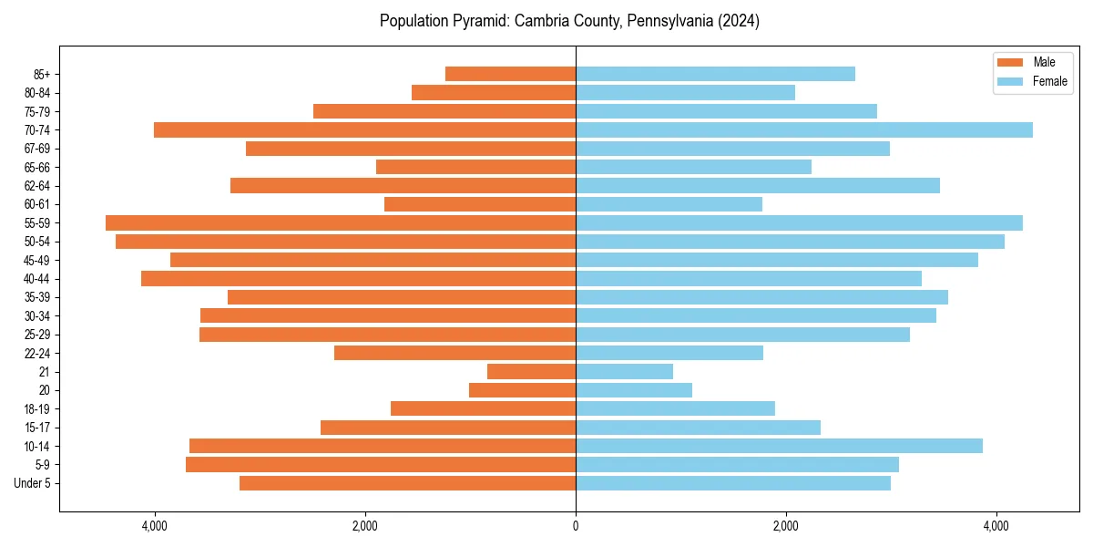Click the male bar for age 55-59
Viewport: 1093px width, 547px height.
[341, 222]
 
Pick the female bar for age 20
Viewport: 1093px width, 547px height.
[634, 390]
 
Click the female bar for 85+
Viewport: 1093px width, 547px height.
[715, 74]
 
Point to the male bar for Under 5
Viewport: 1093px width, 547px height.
[407, 483]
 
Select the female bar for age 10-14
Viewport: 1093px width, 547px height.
[779, 446]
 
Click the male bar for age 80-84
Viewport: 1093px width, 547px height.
[494, 92]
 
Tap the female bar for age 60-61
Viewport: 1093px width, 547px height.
[669, 204]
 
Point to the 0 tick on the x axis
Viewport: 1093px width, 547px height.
[576, 526]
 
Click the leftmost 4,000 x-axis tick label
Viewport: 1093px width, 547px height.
[155, 526]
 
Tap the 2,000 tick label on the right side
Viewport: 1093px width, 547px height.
[786, 526]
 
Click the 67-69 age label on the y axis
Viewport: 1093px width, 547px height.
[37, 149]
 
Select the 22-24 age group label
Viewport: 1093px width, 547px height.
[37, 353]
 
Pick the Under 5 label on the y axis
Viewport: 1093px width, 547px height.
[33, 483]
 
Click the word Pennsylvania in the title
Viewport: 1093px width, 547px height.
[668, 21]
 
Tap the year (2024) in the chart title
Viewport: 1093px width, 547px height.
[739, 21]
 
